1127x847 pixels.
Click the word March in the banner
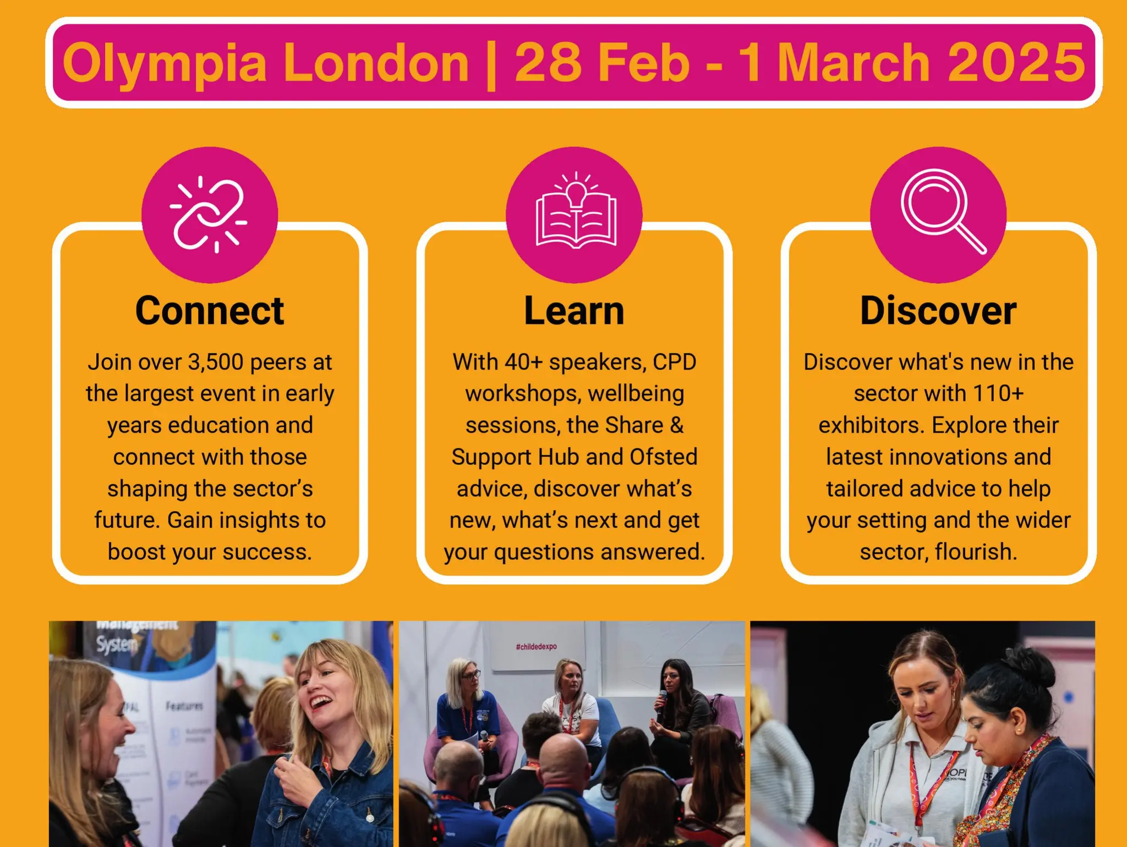pos(854,63)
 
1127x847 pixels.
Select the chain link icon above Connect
pos(209,215)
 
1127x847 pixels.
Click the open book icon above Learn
pos(575,215)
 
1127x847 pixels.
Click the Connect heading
pos(210,311)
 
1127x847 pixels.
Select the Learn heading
pos(574,311)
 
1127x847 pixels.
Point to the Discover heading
pos(938,311)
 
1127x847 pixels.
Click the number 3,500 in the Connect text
pos(216,362)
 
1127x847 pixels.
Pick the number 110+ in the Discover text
pos(998,394)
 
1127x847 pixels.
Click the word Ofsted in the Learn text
pos(663,457)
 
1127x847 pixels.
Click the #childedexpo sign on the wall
pos(536,647)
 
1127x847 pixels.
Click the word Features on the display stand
pos(184,706)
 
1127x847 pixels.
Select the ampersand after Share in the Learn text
pos(676,425)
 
